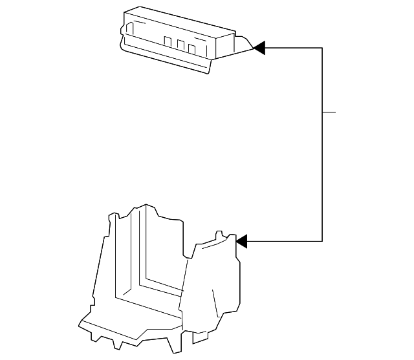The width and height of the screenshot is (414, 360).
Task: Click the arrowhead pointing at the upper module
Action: click(x=259, y=47)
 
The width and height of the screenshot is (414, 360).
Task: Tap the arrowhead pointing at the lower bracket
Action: click(x=241, y=241)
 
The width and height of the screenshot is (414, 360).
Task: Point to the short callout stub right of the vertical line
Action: click(x=329, y=112)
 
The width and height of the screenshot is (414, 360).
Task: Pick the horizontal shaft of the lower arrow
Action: click(x=285, y=241)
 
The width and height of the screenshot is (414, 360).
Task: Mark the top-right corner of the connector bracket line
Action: click(x=322, y=47)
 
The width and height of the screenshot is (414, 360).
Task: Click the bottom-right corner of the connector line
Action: click(x=322, y=241)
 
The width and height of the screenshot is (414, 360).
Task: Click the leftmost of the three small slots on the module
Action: click(x=168, y=43)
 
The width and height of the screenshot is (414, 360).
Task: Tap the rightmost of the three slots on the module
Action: click(x=191, y=48)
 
